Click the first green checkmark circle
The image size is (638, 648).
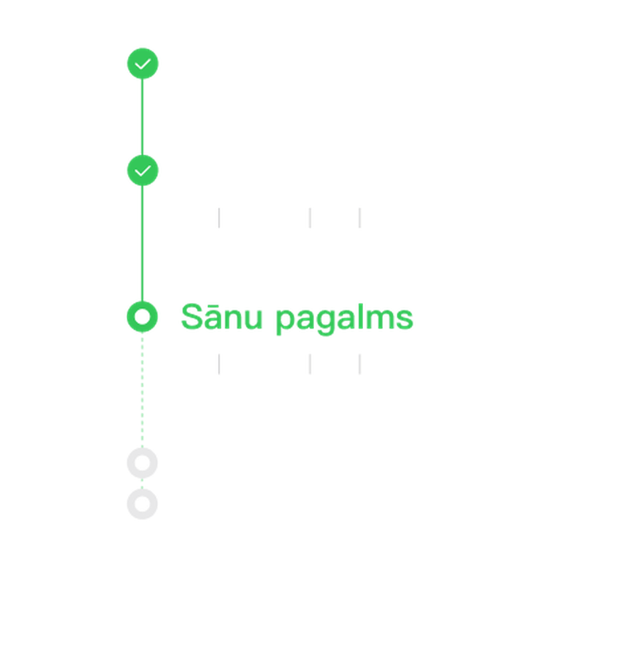[142, 63]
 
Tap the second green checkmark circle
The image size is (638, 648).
[142, 170]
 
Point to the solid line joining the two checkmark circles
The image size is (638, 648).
[142, 117]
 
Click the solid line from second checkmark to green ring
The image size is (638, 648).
[142, 244]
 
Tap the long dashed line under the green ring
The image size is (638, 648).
[142, 390]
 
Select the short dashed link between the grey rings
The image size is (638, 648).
[142, 484]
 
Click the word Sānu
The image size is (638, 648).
[222, 317]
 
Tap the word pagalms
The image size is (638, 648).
[345, 319]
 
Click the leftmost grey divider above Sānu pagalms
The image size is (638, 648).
[219, 218]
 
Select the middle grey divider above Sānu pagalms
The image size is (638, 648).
[310, 218]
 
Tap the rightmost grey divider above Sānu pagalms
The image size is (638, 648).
[360, 218]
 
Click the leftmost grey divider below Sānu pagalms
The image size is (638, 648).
[219, 364]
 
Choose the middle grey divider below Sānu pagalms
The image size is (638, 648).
[310, 364]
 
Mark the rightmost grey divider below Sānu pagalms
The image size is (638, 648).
[360, 364]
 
